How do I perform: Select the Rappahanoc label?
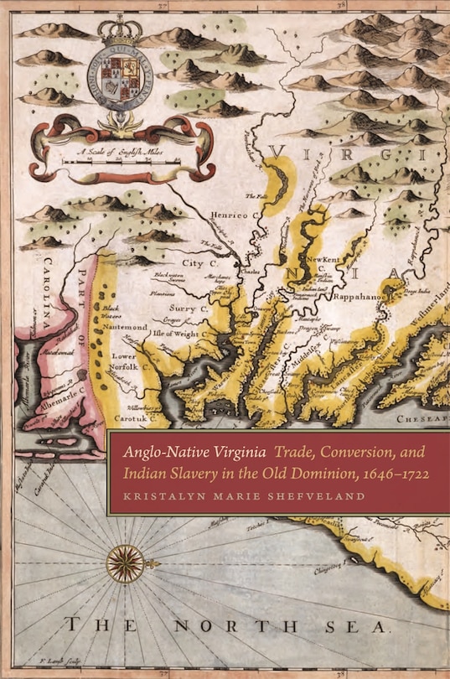pyautogui.click(x=355, y=295)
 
